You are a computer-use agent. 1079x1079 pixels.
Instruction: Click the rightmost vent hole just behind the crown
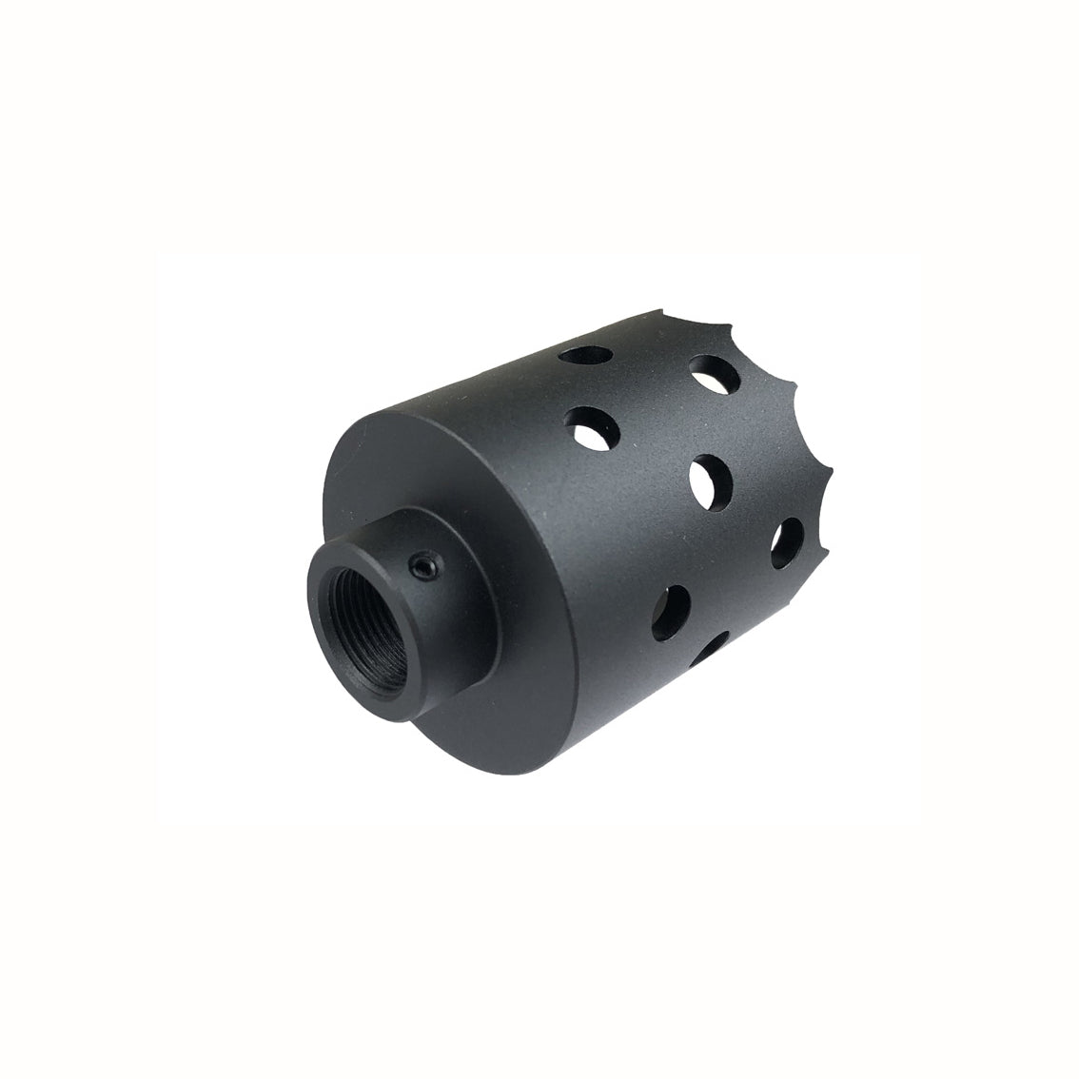tap(786, 540)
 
